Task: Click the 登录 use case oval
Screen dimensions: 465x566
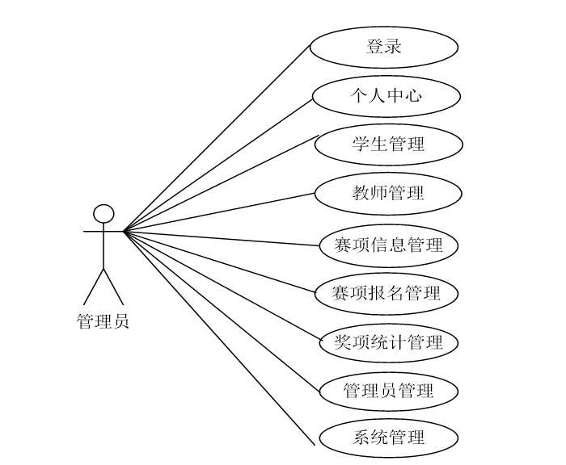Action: click(x=384, y=47)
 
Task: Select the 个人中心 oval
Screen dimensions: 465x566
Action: click(x=386, y=96)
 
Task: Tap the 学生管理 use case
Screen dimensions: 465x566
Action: click(x=388, y=145)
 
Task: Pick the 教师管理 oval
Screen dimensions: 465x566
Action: click(x=388, y=194)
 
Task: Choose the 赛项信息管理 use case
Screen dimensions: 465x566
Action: click(x=389, y=244)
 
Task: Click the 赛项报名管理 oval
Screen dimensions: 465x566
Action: click(x=386, y=293)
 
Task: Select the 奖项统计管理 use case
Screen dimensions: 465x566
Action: click(x=389, y=342)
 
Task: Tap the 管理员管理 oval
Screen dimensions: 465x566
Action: click(x=389, y=392)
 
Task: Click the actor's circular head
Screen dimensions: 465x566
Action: click(x=103, y=214)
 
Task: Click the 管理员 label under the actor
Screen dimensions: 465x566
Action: click(x=103, y=321)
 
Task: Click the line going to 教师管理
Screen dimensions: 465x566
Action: click(x=220, y=212)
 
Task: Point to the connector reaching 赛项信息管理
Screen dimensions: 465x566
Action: click(x=222, y=237)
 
